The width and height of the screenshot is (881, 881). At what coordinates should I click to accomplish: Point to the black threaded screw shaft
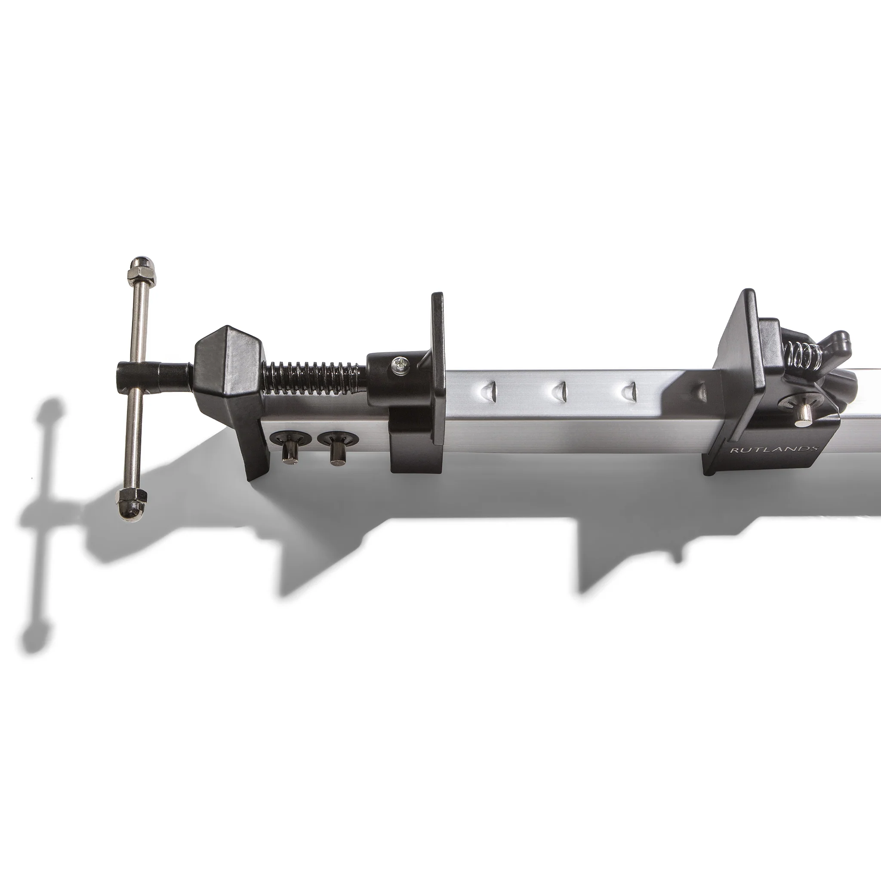pyautogui.click(x=314, y=374)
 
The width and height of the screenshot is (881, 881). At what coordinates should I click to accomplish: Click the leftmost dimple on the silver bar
pyautogui.click(x=490, y=390)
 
